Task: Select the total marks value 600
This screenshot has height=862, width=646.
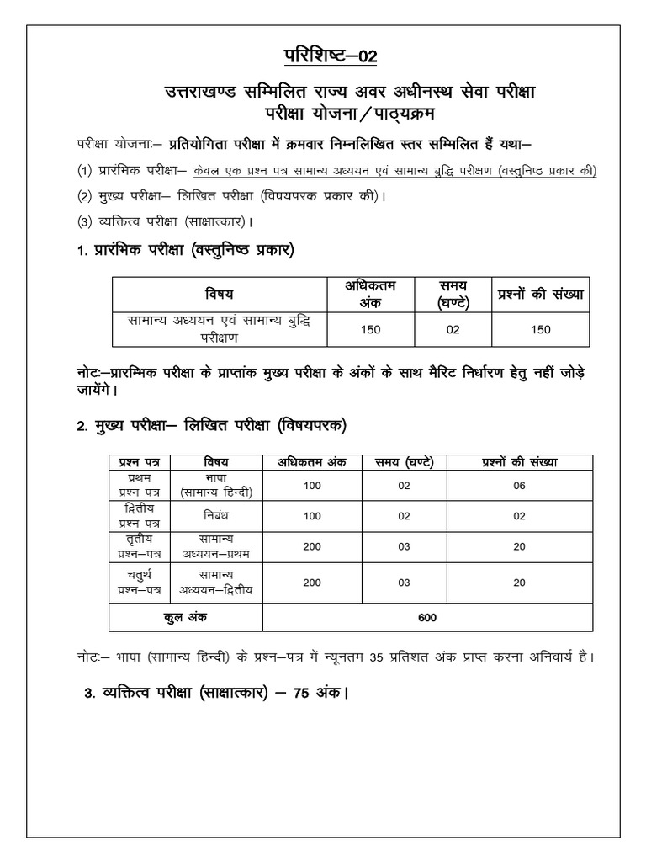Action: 428,618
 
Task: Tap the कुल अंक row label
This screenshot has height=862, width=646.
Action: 185,618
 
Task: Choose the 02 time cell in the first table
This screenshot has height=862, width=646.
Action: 453,329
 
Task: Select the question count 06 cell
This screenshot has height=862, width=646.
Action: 519,485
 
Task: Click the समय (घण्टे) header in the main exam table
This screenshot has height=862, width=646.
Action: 399,461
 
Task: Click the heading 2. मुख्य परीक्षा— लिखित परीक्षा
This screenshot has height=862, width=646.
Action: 208,428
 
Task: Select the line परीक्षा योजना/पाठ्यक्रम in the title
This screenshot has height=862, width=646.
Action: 323,112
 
